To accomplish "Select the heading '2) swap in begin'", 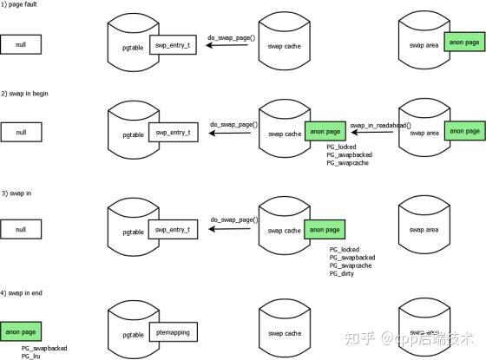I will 28,93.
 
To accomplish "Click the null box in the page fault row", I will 21,43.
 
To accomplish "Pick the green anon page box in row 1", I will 463,41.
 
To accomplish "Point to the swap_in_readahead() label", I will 380,125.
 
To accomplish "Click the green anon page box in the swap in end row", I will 21,331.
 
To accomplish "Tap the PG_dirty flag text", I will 343,274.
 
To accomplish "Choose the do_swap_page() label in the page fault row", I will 232,36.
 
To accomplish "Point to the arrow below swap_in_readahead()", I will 374,134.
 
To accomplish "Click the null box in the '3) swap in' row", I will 21,229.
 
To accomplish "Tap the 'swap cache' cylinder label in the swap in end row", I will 285,333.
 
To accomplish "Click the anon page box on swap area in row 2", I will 463,131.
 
